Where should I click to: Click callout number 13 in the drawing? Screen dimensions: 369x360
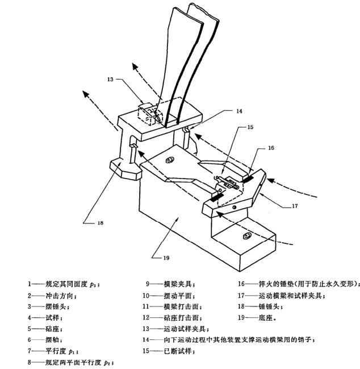click(x=110, y=80)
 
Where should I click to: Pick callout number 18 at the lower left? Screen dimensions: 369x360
click(x=99, y=223)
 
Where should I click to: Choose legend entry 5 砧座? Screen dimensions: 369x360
click(x=43, y=328)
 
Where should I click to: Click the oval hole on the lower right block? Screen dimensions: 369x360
click(x=245, y=235)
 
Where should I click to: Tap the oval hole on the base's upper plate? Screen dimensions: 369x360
click(x=169, y=161)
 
